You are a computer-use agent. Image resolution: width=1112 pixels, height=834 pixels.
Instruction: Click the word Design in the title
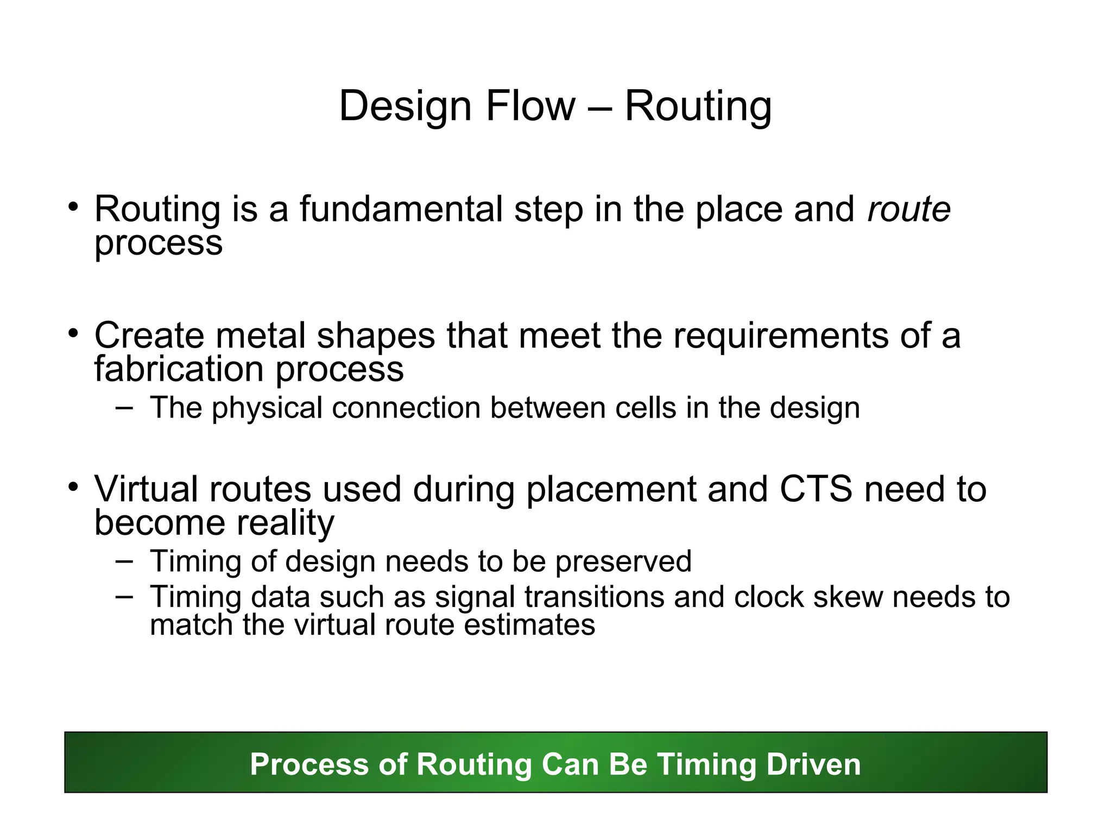click(405, 107)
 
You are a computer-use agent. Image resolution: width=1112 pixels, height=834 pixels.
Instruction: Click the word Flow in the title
click(530, 106)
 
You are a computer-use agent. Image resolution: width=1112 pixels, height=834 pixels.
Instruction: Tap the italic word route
click(909, 210)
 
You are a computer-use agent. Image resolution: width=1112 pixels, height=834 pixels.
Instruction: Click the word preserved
click(623, 561)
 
